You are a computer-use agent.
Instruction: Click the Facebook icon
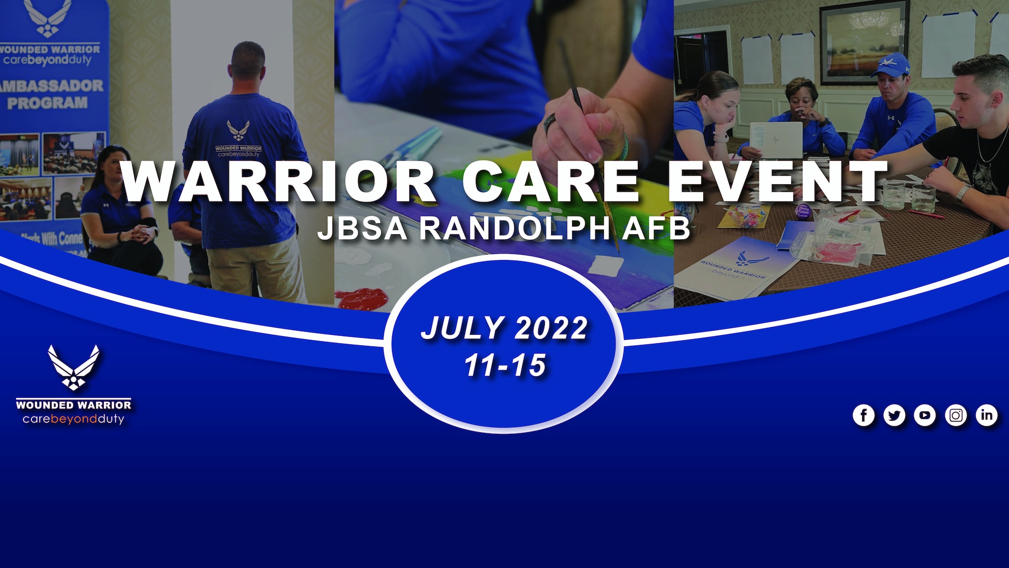[x=864, y=416]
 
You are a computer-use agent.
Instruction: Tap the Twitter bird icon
[x=894, y=416]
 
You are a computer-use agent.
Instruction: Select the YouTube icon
[x=925, y=416]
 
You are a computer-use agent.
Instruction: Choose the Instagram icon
[x=956, y=416]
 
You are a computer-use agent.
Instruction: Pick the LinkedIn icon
[x=986, y=416]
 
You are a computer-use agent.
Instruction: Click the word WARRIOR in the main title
[x=278, y=182]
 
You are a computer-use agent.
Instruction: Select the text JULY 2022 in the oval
[x=504, y=328]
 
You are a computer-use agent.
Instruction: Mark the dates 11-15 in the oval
[x=505, y=365]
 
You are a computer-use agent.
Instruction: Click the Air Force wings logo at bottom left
[x=74, y=368]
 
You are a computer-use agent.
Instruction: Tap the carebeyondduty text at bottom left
[x=74, y=419]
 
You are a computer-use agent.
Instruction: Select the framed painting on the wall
[x=864, y=41]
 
